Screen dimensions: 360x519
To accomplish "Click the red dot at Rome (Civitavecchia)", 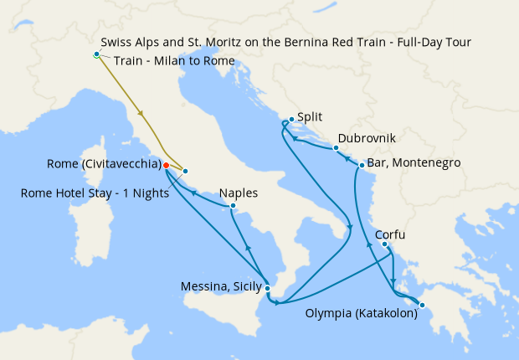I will pos(166,165).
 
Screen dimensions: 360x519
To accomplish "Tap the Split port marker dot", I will pos(290,120).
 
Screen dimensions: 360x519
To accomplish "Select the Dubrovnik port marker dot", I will pos(336,148).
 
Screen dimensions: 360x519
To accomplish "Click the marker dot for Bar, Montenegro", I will pos(362,165).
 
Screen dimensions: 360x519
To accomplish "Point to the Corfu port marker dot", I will pos(385,244).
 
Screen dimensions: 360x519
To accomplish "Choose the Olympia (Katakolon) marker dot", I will pos(423,305).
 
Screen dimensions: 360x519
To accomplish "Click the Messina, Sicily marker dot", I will pos(267,288).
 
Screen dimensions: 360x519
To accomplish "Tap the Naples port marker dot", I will pos(232,205).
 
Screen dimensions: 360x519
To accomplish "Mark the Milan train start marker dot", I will pos(96,54).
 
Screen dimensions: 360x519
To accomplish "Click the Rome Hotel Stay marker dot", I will pos(184,172).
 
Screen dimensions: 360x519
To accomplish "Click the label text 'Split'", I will pos(310,119).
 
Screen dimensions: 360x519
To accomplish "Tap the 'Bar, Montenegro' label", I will pos(414,164).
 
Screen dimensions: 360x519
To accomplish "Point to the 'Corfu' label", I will pos(393,234).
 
